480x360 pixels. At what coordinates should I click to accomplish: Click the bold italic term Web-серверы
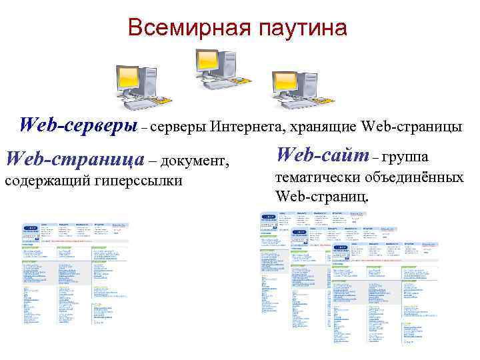78,125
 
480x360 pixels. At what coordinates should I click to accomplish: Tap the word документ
195,161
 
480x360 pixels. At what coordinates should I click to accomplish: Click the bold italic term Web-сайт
322,155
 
